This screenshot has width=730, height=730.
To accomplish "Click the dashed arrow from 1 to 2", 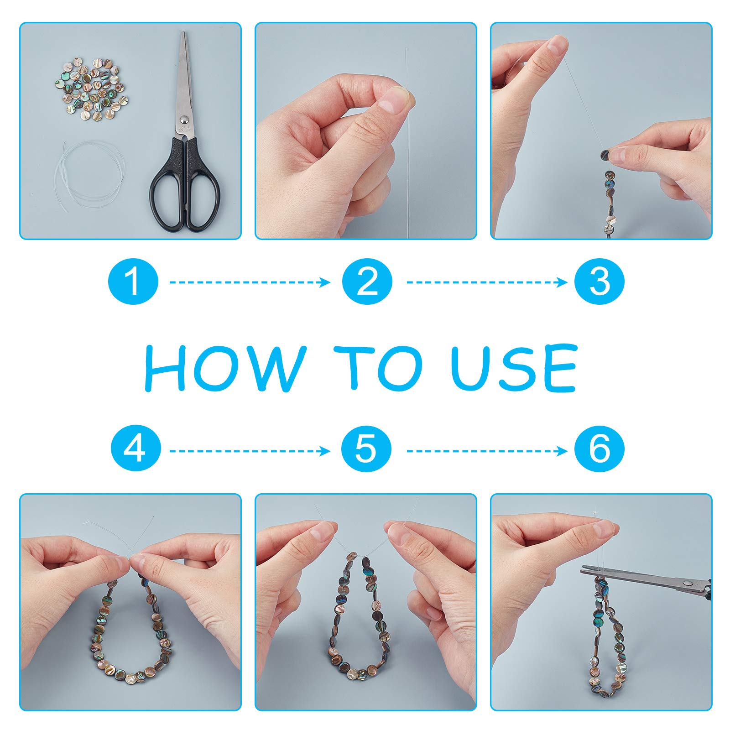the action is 250,282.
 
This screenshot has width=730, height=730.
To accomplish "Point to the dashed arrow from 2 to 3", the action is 487,282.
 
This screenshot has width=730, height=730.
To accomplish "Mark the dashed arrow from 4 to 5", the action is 250,451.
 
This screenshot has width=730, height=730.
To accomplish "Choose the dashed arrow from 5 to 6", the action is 487,451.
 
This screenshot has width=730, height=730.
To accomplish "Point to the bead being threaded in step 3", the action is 605,155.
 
